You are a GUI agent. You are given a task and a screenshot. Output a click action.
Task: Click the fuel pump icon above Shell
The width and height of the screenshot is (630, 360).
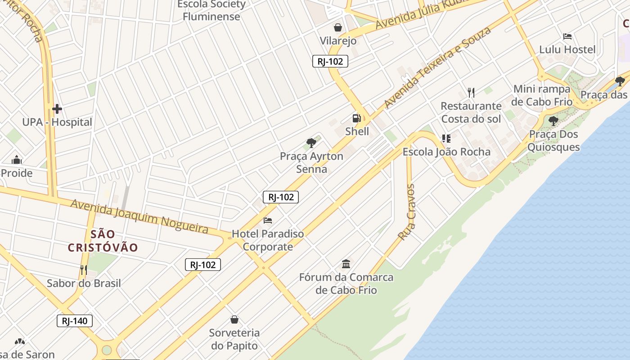click(x=356, y=118)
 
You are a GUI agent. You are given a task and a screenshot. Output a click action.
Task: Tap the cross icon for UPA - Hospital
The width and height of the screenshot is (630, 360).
click(x=57, y=109)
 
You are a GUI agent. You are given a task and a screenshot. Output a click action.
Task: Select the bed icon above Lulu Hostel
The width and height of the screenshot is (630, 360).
click(x=567, y=36)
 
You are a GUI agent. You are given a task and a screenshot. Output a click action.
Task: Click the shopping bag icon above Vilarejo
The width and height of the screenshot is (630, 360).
click(x=338, y=27)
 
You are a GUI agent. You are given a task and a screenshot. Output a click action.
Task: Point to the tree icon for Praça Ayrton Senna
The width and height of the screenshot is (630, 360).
click(x=311, y=144)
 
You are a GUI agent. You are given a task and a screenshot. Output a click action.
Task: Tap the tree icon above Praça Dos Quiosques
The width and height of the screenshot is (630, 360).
click(x=553, y=121)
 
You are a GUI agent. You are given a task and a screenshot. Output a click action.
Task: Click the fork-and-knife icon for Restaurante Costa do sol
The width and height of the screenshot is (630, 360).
click(x=471, y=93)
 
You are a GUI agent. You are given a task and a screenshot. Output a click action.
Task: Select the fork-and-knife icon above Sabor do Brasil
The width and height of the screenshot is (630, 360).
click(x=84, y=270)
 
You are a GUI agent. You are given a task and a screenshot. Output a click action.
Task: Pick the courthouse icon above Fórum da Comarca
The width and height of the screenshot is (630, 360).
click(x=346, y=264)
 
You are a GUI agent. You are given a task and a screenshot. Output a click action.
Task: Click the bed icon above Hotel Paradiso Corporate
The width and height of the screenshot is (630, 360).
click(x=268, y=220)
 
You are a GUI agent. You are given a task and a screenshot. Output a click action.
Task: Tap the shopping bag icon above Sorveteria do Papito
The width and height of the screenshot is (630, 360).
click(x=234, y=319)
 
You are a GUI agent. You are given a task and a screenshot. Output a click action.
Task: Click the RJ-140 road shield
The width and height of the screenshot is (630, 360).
click(x=75, y=321)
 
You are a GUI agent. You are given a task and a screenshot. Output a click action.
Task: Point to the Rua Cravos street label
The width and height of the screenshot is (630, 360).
click(x=407, y=212)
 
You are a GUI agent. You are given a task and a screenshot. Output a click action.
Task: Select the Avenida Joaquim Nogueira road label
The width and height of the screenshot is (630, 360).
click(x=139, y=217)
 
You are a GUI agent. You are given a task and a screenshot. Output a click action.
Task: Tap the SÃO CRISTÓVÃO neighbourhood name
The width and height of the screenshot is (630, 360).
click(x=103, y=241)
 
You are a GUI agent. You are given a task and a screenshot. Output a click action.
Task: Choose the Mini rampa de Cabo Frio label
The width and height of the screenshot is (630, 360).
click(x=542, y=95)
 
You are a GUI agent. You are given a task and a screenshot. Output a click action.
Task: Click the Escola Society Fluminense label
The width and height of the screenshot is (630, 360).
click(x=211, y=10)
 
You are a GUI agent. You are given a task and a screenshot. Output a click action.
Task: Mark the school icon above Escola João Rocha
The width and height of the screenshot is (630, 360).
click(x=446, y=139)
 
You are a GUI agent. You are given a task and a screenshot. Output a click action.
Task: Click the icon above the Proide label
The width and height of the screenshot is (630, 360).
click(x=17, y=160)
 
